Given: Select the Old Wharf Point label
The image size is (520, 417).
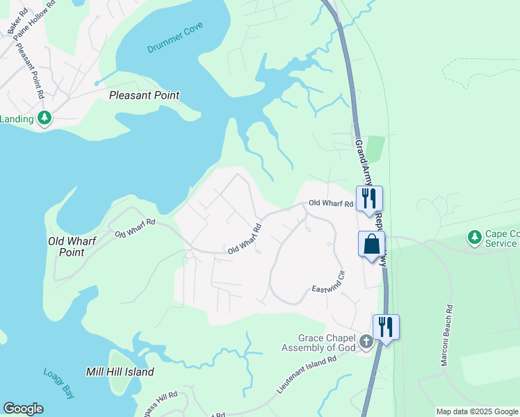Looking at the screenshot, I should [75, 247].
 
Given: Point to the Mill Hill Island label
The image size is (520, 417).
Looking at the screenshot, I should [120, 372].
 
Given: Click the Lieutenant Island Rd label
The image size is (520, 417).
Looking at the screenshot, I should [306, 376].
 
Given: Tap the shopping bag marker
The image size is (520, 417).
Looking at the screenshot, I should [371, 245].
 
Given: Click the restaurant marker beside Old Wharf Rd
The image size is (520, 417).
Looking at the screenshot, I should [369, 197].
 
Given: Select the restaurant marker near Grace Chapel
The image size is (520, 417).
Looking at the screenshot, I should [386, 326].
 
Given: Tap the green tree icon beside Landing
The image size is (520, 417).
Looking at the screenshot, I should [45, 119].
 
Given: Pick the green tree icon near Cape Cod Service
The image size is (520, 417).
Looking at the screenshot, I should [475, 238].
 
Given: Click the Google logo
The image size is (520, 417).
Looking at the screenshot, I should [23, 409].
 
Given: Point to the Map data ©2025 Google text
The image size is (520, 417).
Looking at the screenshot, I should [477, 411].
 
